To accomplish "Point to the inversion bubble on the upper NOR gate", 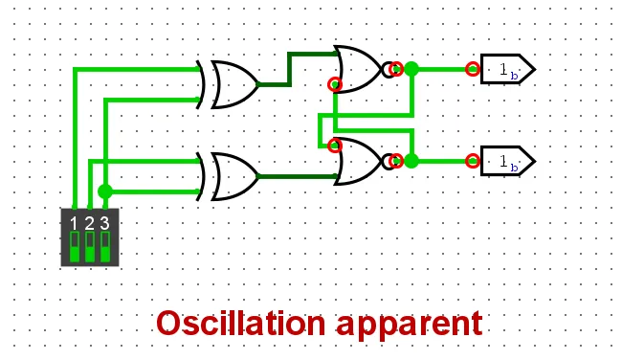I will point(389,69).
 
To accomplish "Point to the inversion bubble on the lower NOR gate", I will point(389,161).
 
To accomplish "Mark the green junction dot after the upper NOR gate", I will point(411,69).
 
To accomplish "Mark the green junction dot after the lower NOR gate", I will point(411,161).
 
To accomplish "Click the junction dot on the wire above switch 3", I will point(104,191).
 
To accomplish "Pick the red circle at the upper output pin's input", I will point(473,69).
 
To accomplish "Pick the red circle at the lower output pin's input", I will point(473,161).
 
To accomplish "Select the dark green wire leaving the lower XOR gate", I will point(297,176).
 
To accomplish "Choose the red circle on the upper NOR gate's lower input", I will point(334,84).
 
